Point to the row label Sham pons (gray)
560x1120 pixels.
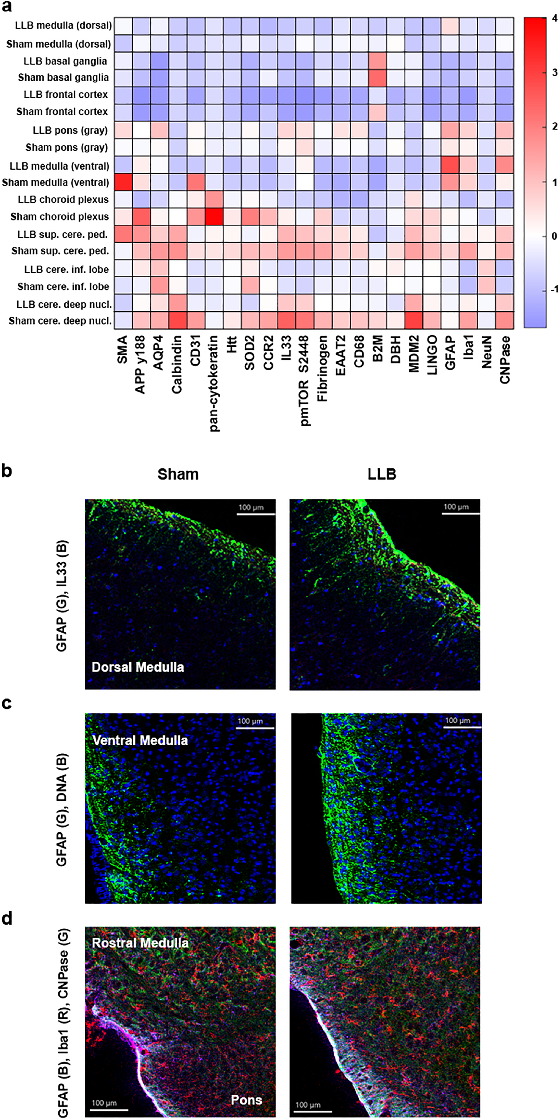[67, 147]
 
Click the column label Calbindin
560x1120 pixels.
[177, 364]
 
